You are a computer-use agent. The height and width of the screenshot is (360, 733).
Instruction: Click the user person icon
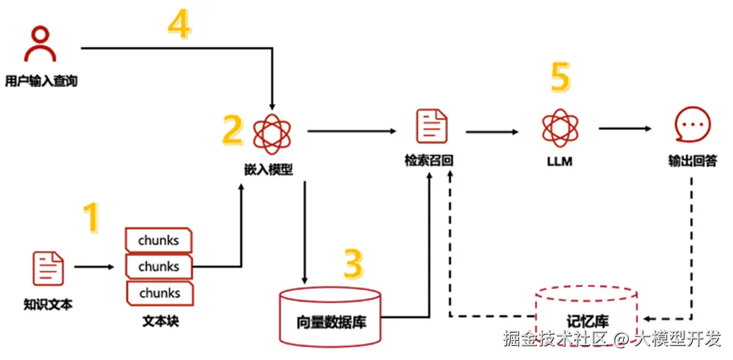pyautogui.click(x=41, y=45)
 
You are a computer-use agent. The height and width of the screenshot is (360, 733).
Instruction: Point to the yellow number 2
pyautogui.click(x=232, y=130)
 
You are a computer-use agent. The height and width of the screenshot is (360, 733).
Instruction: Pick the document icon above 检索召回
pyautogui.click(x=430, y=127)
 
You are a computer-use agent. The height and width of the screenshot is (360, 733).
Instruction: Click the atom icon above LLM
pyautogui.click(x=559, y=127)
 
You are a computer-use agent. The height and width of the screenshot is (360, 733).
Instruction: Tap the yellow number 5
pyautogui.click(x=559, y=77)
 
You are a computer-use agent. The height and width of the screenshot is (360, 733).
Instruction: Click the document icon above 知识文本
pyautogui.click(x=48, y=268)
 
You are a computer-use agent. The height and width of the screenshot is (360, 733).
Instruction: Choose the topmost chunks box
pyautogui.click(x=159, y=240)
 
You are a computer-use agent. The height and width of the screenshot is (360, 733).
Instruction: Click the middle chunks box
pyautogui.click(x=159, y=266)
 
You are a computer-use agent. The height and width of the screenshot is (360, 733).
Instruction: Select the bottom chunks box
pyautogui.click(x=159, y=292)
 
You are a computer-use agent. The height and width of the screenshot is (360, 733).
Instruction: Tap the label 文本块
pyautogui.click(x=158, y=321)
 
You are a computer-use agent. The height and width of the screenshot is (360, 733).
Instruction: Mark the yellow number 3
pyautogui.click(x=353, y=264)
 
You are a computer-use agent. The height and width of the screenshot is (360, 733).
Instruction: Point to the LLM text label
pyautogui.click(x=559, y=161)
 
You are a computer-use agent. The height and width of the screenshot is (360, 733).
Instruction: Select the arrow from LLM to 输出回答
pyautogui.click(x=625, y=129)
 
